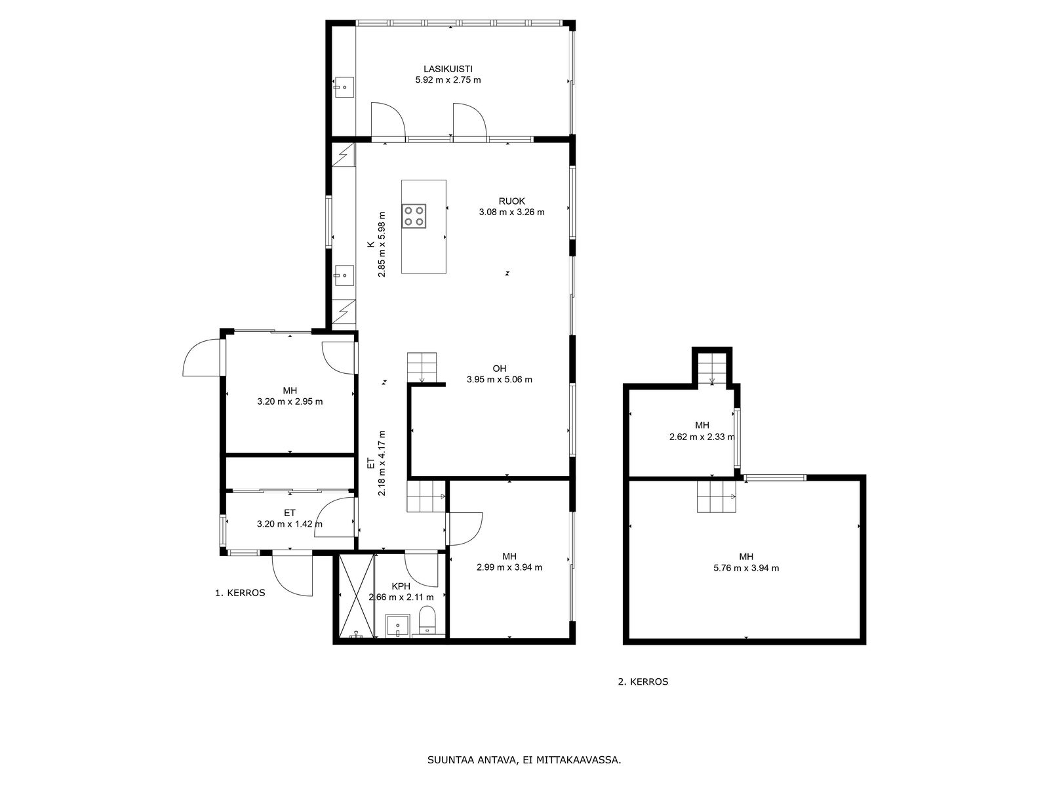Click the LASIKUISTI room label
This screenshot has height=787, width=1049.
(448, 70)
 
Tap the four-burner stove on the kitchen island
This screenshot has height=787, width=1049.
(414, 216)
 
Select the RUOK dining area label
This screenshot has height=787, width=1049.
(512, 201)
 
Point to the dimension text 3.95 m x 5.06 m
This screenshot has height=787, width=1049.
(500, 380)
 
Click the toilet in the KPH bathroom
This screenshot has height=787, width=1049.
(427, 619)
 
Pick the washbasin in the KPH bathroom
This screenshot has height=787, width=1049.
(397, 626)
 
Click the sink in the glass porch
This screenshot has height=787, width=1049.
(343, 87)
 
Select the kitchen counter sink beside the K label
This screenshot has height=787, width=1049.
(343, 275)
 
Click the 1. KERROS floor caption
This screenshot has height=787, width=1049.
(240, 593)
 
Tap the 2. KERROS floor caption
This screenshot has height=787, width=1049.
(643, 682)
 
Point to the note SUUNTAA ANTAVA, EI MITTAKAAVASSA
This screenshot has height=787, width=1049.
(524, 760)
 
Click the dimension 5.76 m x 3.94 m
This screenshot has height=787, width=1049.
(746, 568)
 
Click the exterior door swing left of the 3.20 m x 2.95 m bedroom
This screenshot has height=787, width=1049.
(202, 357)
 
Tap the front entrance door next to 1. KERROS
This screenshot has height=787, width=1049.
(292, 574)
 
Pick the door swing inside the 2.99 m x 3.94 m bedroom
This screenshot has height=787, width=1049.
(465, 529)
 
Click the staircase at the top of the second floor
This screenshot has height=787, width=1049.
(712, 369)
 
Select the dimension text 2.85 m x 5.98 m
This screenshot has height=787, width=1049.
(382, 244)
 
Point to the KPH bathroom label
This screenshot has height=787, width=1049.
(401, 586)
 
